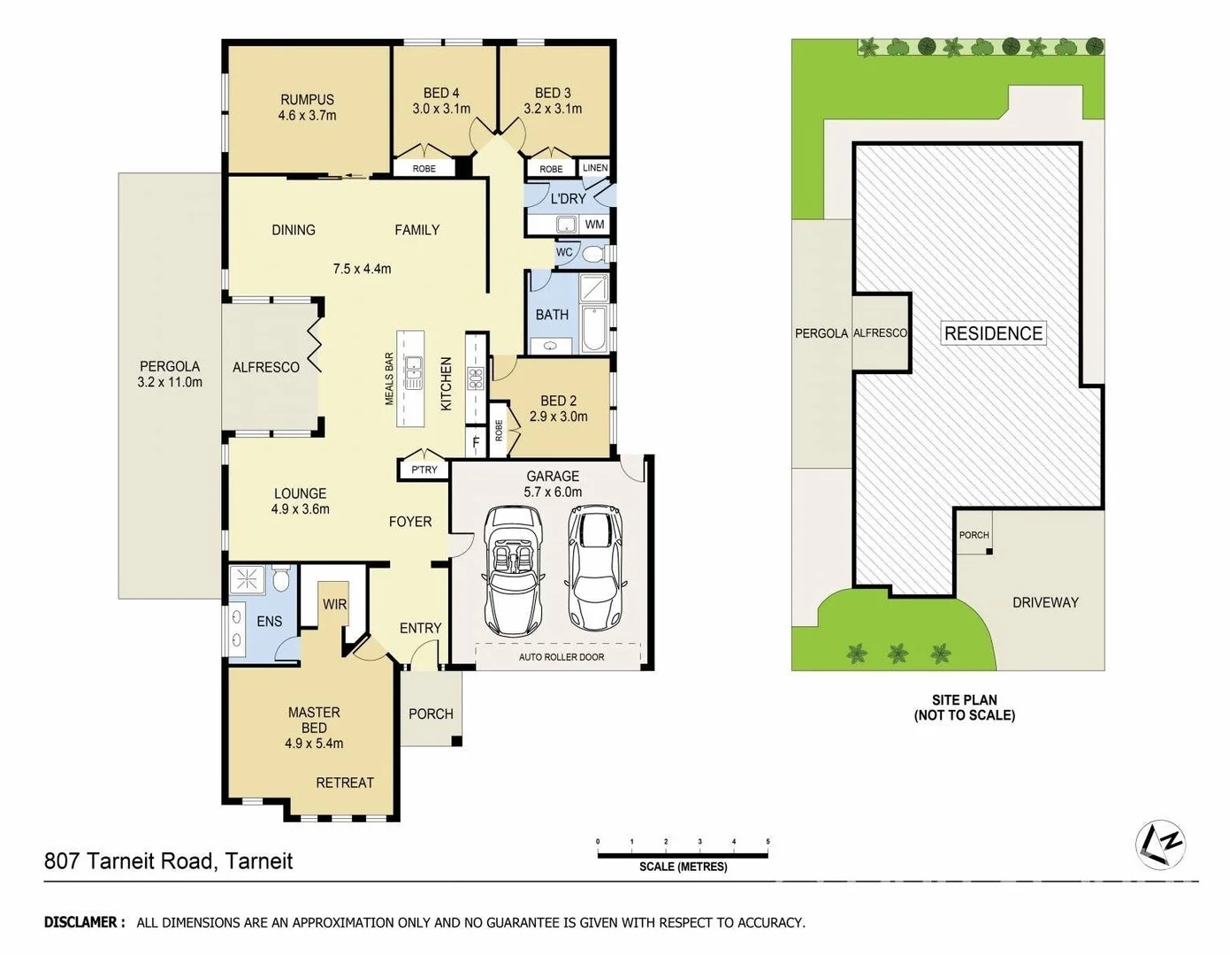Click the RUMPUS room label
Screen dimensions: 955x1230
pyautogui.click(x=307, y=100)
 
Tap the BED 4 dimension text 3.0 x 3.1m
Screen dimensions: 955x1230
pyautogui.click(x=441, y=109)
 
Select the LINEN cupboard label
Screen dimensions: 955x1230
pyautogui.click(x=595, y=168)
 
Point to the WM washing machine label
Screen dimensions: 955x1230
pyautogui.click(x=595, y=225)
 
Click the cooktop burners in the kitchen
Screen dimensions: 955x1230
pyautogui.click(x=476, y=378)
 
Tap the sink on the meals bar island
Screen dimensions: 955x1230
pyautogui.click(x=412, y=372)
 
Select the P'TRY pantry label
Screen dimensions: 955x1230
pyautogui.click(x=424, y=470)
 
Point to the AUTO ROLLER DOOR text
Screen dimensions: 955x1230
pyautogui.click(x=562, y=657)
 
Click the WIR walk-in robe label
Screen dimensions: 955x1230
pyautogui.click(x=334, y=605)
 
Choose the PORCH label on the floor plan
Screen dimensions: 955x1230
pyautogui.click(x=431, y=714)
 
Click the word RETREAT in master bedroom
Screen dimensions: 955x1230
pyautogui.click(x=345, y=783)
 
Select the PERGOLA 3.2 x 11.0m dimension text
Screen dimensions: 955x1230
pyautogui.click(x=170, y=382)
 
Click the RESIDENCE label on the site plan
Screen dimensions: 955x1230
pyautogui.click(x=993, y=333)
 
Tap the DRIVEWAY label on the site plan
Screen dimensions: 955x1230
pyautogui.click(x=1045, y=602)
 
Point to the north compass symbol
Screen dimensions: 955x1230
pyautogui.click(x=1160, y=844)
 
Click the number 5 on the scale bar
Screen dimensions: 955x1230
pyautogui.click(x=768, y=842)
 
